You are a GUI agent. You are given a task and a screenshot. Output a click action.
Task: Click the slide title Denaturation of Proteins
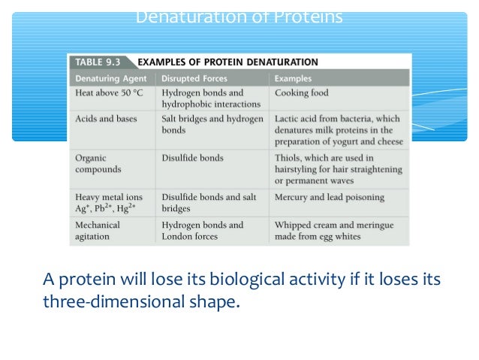click(239, 17)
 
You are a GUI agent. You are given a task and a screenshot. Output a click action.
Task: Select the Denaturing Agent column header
click(110, 77)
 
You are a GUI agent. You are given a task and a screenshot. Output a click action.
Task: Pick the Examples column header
click(294, 77)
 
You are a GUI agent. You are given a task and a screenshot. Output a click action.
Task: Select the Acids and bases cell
click(106, 119)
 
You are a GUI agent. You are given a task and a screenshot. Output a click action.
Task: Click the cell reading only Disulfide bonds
click(192, 158)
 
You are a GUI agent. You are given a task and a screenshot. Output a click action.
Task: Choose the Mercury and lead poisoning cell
click(329, 198)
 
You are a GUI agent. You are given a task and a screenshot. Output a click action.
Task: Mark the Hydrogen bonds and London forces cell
click(202, 230)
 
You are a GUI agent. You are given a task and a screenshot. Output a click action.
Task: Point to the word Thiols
click(288, 158)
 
